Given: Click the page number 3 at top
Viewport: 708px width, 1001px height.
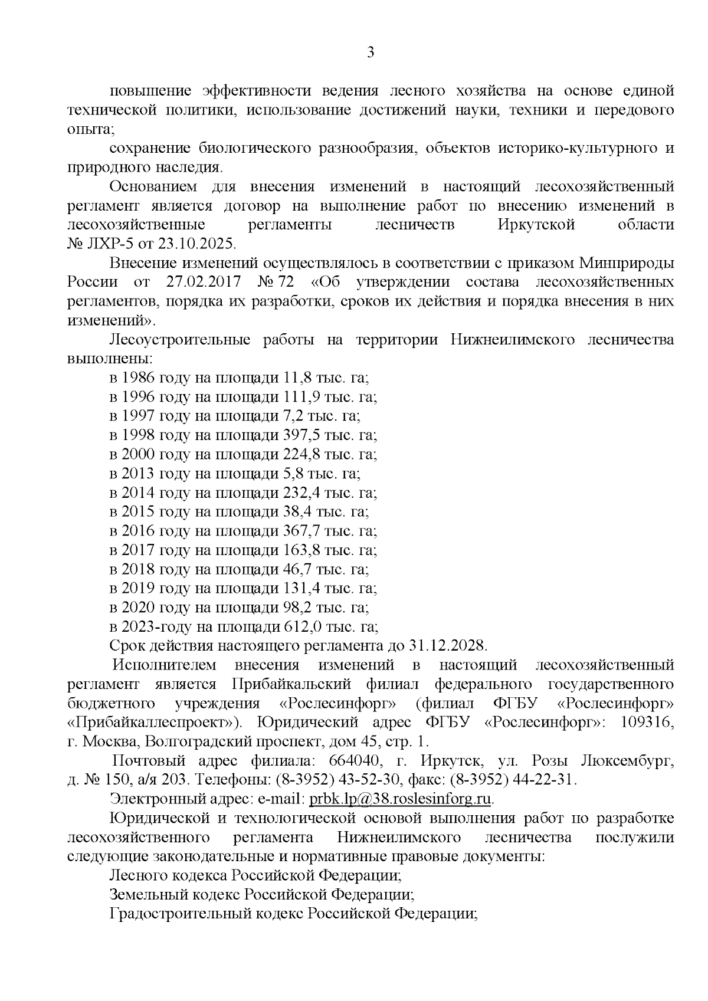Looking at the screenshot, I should point(371,53).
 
